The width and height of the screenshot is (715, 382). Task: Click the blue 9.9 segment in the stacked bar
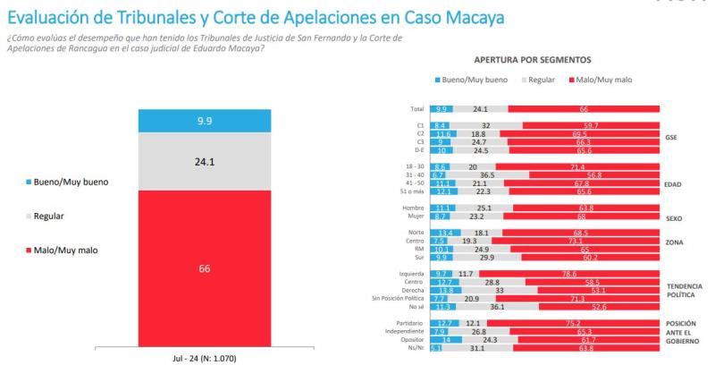click(x=205, y=121)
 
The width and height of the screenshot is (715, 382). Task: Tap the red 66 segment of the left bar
click(x=205, y=268)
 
